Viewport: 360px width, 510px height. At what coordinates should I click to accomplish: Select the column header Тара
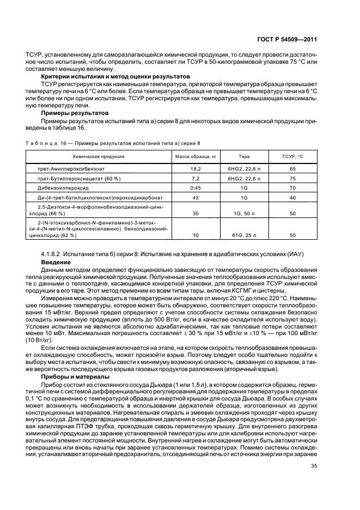point(244,156)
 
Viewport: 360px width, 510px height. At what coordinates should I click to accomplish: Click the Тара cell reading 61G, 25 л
point(244,235)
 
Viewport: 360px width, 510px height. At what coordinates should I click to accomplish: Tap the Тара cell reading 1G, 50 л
point(244,213)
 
